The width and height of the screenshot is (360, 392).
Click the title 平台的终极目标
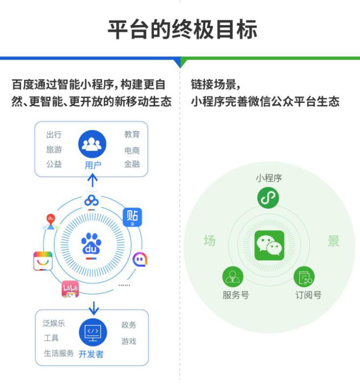182,29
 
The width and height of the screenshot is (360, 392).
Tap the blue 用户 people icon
92,144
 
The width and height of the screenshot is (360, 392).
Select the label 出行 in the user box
54,135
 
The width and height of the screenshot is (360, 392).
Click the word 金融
132,164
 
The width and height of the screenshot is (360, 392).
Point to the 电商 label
132,150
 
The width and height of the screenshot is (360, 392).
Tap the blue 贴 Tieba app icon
132,217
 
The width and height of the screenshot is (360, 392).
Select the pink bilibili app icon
70,289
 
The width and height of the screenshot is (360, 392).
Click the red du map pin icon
50,222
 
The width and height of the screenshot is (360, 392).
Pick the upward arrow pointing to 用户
92,180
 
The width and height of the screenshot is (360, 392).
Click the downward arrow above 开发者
94,308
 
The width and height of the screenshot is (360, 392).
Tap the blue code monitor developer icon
93,332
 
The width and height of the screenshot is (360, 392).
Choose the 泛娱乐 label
53,323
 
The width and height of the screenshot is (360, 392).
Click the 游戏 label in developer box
128,341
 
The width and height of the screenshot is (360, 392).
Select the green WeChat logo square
269,246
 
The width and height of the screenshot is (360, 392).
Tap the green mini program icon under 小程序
268,198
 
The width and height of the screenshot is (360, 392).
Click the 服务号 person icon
233,277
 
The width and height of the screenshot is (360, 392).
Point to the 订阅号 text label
308,295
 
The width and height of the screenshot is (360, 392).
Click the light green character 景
333,241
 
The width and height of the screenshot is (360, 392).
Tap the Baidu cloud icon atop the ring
91,201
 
